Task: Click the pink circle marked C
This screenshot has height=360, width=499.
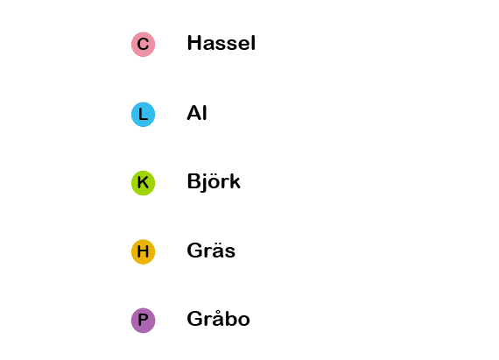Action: (144, 45)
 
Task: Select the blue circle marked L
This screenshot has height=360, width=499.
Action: (144, 114)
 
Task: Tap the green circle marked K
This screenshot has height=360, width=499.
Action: (144, 183)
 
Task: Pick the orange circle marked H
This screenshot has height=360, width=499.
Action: (144, 251)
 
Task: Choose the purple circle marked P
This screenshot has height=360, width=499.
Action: (144, 321)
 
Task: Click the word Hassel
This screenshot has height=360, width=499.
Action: (221, 43)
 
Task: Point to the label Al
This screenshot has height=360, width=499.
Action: (197, 113)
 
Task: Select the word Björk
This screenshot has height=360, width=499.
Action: (214, 181)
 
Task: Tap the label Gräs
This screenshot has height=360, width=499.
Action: (211, 251)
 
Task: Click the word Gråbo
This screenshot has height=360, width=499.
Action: (218, 319)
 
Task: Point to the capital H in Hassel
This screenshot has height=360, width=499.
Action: (193, 43)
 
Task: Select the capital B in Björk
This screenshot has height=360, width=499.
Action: (193, 181)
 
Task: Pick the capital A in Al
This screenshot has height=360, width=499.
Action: (194, 113)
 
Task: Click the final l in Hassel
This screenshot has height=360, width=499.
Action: (253, 43)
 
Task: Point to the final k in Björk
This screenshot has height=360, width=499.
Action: (235, 181)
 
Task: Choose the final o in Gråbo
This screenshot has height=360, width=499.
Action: (243, 321)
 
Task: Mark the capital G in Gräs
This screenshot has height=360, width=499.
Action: (194, 251)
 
